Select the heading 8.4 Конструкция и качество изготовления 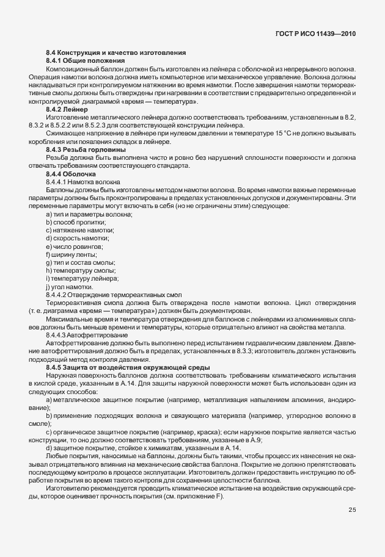pyautogui.click(x=116, y=53)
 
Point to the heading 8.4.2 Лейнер pyautogui.click(x=67, y=109)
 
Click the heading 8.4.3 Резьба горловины pyautogui.click(x=86, y=149)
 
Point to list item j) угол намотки pyautogui.click(x=69, y=287)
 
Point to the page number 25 pyautogui.click(x=352, y=510)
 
